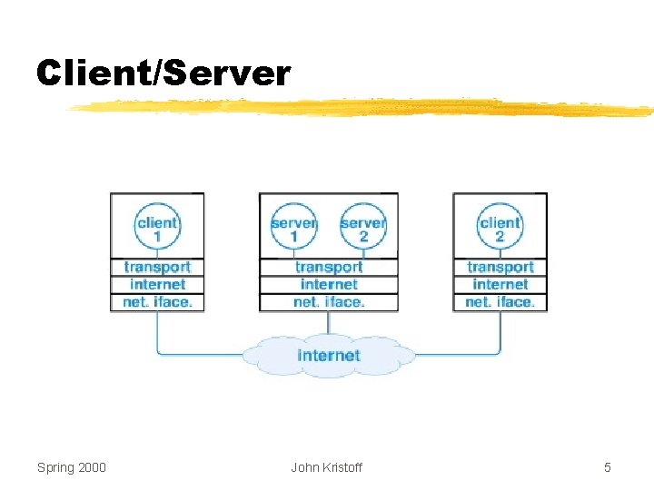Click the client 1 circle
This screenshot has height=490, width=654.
[157, 227]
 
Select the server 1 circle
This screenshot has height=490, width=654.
[293, 227]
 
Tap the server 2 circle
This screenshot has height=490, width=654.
[362, 227]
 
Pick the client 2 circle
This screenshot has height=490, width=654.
[500, 227]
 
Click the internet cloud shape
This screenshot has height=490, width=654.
[329, 355]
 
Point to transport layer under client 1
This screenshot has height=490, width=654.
[157, 267]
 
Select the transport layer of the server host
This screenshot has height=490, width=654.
[329, 267]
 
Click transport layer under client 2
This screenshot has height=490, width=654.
[500, 267]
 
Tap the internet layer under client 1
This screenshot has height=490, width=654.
[157, 284]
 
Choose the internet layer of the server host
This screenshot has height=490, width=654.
[329, 284]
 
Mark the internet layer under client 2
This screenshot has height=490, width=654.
[500, 284]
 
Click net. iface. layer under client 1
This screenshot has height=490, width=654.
[157, 301]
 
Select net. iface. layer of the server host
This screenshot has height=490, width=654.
[329, 301]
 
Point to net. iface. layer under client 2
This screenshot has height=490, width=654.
[500, 301]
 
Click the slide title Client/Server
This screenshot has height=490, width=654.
[163, 73]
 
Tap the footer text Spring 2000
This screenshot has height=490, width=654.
[72, 467]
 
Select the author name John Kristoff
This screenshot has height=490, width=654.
[326, 467]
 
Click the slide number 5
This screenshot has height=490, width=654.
[608, 467]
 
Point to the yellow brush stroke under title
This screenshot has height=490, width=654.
[363, 108]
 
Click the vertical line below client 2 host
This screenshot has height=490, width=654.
[500, 332]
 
